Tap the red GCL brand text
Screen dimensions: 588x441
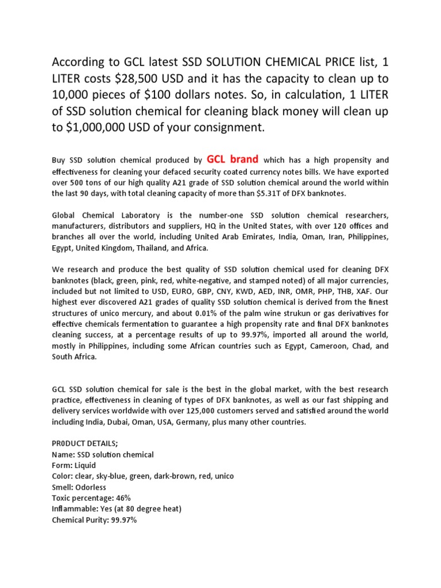(232, 159)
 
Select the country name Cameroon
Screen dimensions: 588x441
(324, 346)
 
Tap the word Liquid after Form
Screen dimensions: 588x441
(84, 466)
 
